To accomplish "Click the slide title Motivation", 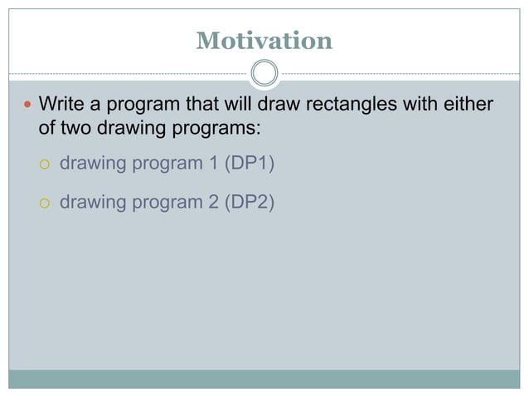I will coord(264,40).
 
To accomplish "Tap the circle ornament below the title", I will coord(264,73).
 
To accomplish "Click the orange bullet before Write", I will coord(24,105).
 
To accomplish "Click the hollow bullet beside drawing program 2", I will coord(46,203).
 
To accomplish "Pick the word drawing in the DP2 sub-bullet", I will coord(91,202).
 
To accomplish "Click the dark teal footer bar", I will coord(264,379).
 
